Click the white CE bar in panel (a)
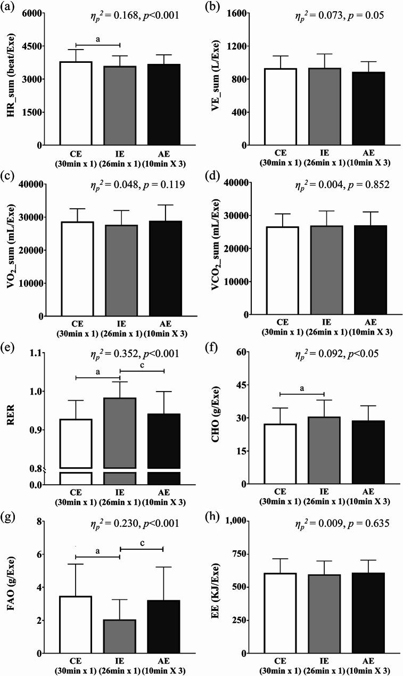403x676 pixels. pos(76,103)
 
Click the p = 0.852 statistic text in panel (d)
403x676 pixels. pos(355,185)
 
